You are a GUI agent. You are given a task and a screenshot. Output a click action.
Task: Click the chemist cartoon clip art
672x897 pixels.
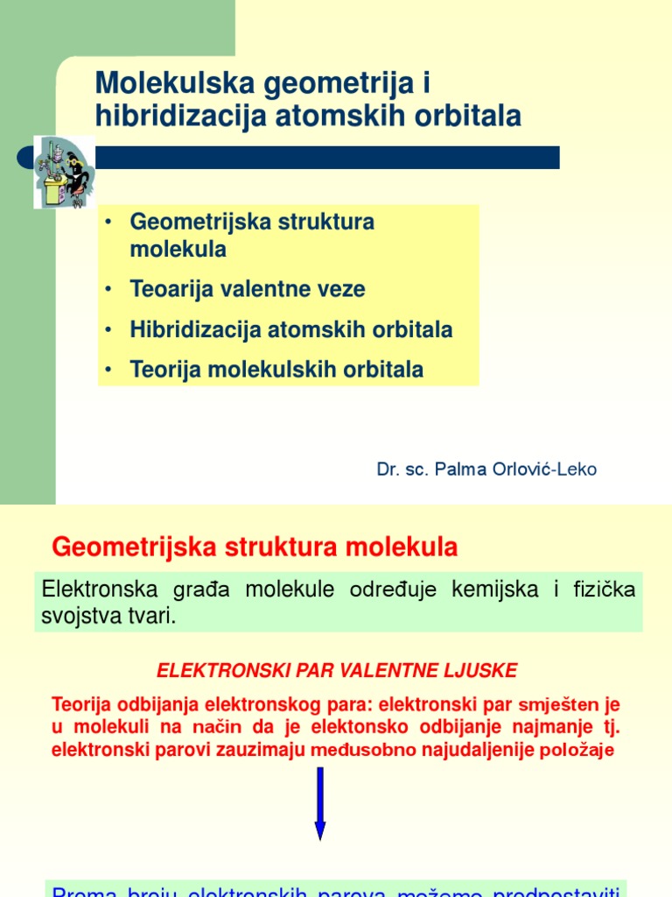(62, 172)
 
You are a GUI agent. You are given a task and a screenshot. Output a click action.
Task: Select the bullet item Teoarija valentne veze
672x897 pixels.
(248, 289)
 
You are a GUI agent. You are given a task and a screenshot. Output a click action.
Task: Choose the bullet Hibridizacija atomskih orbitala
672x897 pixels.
(291, 329)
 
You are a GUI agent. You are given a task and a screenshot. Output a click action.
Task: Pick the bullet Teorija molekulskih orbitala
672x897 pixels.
(276, 370)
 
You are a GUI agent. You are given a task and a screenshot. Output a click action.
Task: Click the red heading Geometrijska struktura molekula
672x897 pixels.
(255, 547)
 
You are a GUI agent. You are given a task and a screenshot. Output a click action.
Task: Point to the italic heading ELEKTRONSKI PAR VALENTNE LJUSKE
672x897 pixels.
(337, 671)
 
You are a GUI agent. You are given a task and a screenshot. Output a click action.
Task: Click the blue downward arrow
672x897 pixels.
(320, 802)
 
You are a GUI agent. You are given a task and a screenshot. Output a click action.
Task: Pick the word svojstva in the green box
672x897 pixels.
(77, 615)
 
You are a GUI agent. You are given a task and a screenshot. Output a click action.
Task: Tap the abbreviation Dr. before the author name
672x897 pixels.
(388, 470)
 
